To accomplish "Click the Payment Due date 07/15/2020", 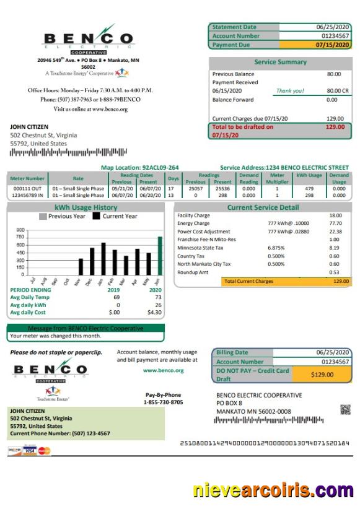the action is click(x=333, y=45).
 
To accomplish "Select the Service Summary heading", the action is click(x=280, y=62).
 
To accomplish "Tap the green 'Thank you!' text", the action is click(x=289, y=90).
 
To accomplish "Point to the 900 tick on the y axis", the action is click(x=21, y=230).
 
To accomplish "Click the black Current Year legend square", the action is click(x=96, y=216).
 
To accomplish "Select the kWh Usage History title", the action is click(x=86, y=207).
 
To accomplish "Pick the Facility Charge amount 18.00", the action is click(x=335, y=215).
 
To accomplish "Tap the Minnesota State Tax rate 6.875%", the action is click(x=276, y=247).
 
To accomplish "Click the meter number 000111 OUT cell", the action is click(x=27, y=188).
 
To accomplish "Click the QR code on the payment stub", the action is click(x=345, y=409).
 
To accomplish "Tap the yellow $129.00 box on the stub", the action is click(x=322, y=374).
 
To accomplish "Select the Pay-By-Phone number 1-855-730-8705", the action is click(x=163, y=402).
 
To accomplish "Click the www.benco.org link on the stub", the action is click(x=163, y=370).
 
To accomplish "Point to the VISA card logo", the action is click(x=29, y=450).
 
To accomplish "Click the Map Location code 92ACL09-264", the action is click(x=160, y=167).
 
